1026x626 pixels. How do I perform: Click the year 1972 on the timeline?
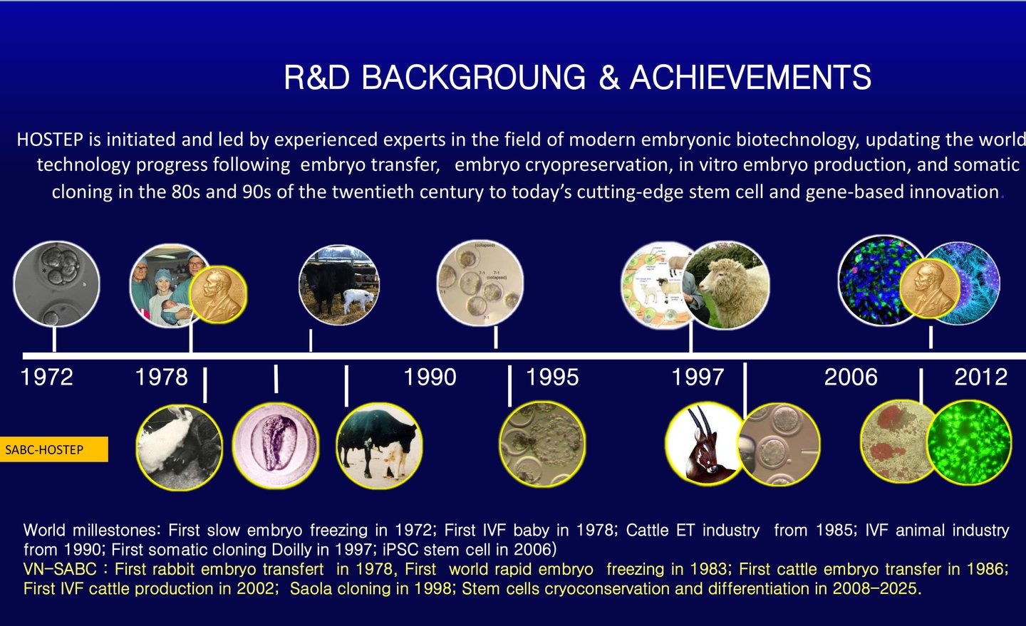47,377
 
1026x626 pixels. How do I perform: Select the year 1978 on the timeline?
162,377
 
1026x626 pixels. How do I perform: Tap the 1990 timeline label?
430,377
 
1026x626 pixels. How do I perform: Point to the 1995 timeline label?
552,377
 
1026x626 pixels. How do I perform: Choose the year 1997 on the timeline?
698,377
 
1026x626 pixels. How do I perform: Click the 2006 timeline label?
851,377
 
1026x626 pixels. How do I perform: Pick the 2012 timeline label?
981,377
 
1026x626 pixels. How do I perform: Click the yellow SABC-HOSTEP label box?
53,449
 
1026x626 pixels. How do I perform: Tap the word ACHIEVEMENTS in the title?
750,77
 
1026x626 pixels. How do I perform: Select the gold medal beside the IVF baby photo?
219,294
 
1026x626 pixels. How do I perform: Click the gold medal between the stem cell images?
929,288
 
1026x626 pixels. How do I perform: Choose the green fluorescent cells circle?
969,442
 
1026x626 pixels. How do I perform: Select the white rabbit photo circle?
179,447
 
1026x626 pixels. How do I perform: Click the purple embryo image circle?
276,444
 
